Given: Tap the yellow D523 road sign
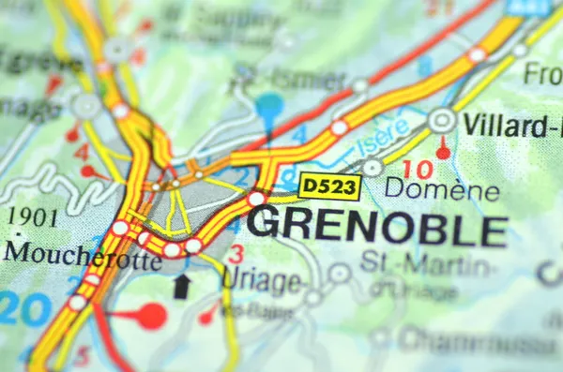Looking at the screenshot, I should pyautogui.click(x=329, y=187).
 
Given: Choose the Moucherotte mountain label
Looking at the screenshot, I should pyautogui.click(x=82, y=255).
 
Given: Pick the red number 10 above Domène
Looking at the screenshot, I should pyautogui.click(x=423, y=169).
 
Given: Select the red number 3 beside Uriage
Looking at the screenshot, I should pyautogui.click(x=236, y=253).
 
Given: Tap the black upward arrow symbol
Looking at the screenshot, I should pyautogui.click(x=182, y=286).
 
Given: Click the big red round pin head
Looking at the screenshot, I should pyautogui.click(x=150, y=316).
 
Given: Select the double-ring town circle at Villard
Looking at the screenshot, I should pyautogui.click(x=442, y=120).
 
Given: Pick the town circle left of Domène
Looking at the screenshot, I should pyautogui.click(x=373, y=168).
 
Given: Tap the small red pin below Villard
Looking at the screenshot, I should pyautogui.click(x=443, y=150).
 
